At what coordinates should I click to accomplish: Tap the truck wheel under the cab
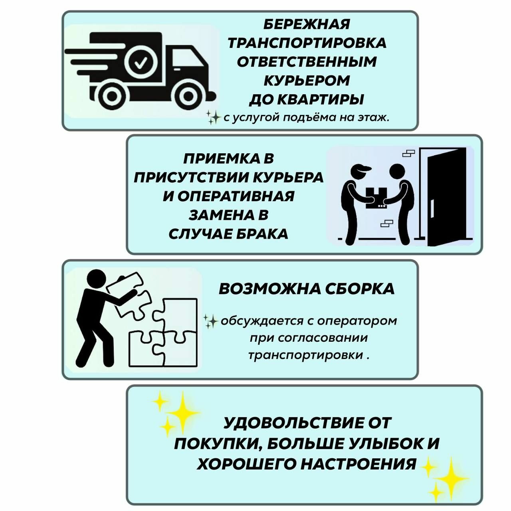pyautogui.click(x=186, y=96)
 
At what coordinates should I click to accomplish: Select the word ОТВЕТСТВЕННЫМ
pyautogui.click(x=307, y=62)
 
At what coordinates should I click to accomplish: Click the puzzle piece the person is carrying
pyautogui.click(x=125, y=285)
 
